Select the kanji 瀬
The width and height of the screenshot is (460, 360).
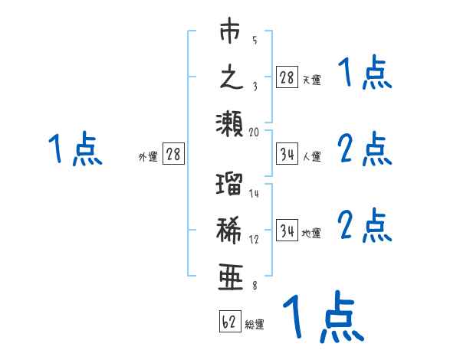[231, 122]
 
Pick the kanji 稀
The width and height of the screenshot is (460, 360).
[231, 229]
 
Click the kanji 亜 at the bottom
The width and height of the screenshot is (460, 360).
[231, 275]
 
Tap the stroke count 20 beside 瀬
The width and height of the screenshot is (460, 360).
[255, 132]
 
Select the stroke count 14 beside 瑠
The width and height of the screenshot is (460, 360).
[255, 194]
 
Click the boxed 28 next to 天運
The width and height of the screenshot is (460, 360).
[287, 78]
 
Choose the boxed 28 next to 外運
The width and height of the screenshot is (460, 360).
[173, 155]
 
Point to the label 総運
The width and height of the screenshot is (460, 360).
[255, 325]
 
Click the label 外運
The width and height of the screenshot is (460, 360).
[148, 157]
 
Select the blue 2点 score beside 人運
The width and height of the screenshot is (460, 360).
[364, 149]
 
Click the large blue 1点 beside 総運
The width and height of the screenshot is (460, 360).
[322, 316]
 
